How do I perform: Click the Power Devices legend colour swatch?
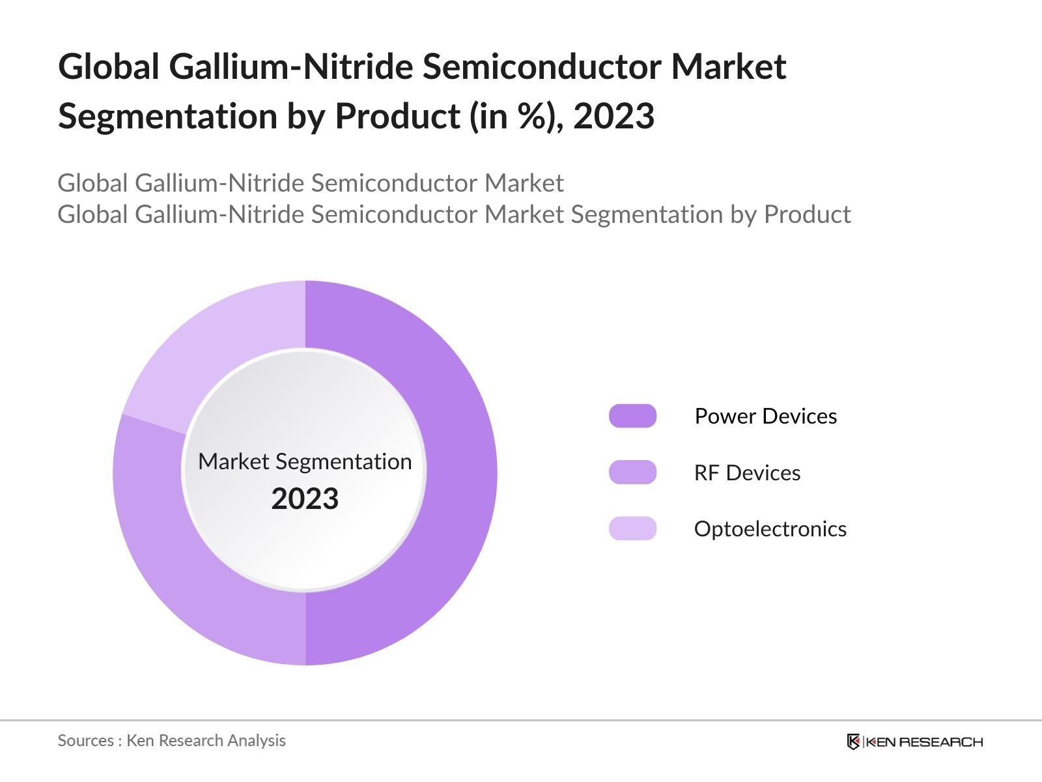632,416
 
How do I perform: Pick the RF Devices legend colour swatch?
632,472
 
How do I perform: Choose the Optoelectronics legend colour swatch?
632,529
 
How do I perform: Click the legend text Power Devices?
765,416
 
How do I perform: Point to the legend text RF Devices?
747,472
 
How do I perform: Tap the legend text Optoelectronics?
770,529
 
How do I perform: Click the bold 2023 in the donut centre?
305,499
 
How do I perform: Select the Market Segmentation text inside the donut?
305,461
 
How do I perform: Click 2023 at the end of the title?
613,116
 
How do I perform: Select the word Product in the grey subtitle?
807,214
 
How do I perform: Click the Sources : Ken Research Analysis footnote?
171,740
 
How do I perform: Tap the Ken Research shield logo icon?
853,742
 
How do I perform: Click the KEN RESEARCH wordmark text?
923,742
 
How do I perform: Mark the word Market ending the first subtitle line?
524,183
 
